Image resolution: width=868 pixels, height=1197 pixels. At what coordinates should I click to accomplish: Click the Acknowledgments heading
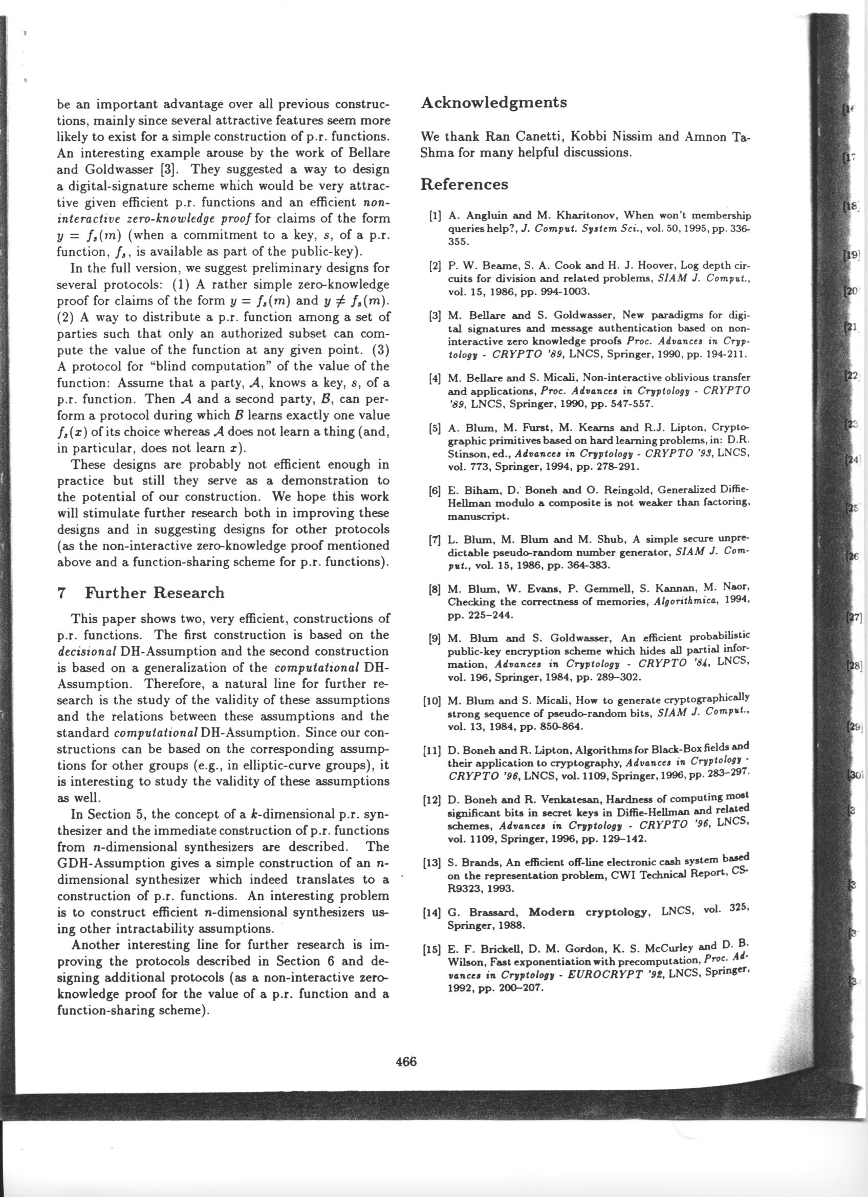[493, 102]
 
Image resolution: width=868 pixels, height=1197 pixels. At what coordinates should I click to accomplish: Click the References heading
[464, 184]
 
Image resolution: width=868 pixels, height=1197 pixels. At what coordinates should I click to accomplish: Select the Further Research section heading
[155, 593]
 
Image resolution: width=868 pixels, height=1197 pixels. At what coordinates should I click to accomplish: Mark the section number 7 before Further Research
[61, 593]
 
